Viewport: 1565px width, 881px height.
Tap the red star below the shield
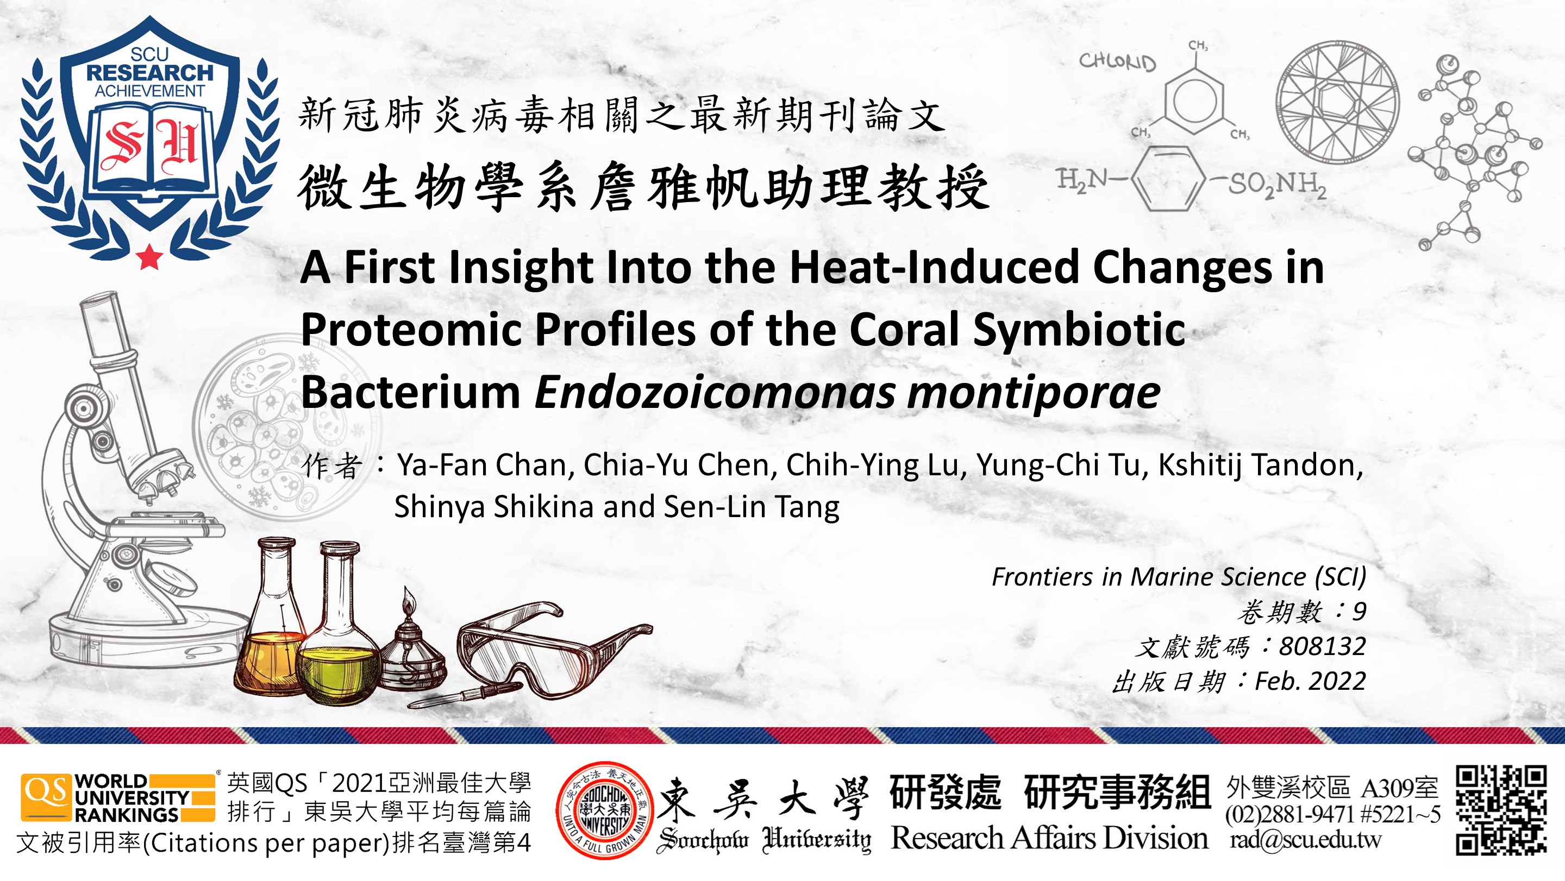click(149, 256)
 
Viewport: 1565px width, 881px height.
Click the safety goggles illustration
click(554, 650)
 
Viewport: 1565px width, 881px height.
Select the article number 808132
click(1323, 646)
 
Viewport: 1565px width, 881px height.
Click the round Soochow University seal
click(604, 810)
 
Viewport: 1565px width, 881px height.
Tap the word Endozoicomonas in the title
click(715, 392)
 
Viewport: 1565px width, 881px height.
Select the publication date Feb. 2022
click(1311, 681)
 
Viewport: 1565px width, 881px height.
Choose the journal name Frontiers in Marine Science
click(1149, 577)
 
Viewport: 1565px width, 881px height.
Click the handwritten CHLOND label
click(1117, 61)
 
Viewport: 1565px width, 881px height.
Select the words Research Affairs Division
click(1049, 839)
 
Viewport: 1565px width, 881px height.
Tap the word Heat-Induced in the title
click(932, 267)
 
